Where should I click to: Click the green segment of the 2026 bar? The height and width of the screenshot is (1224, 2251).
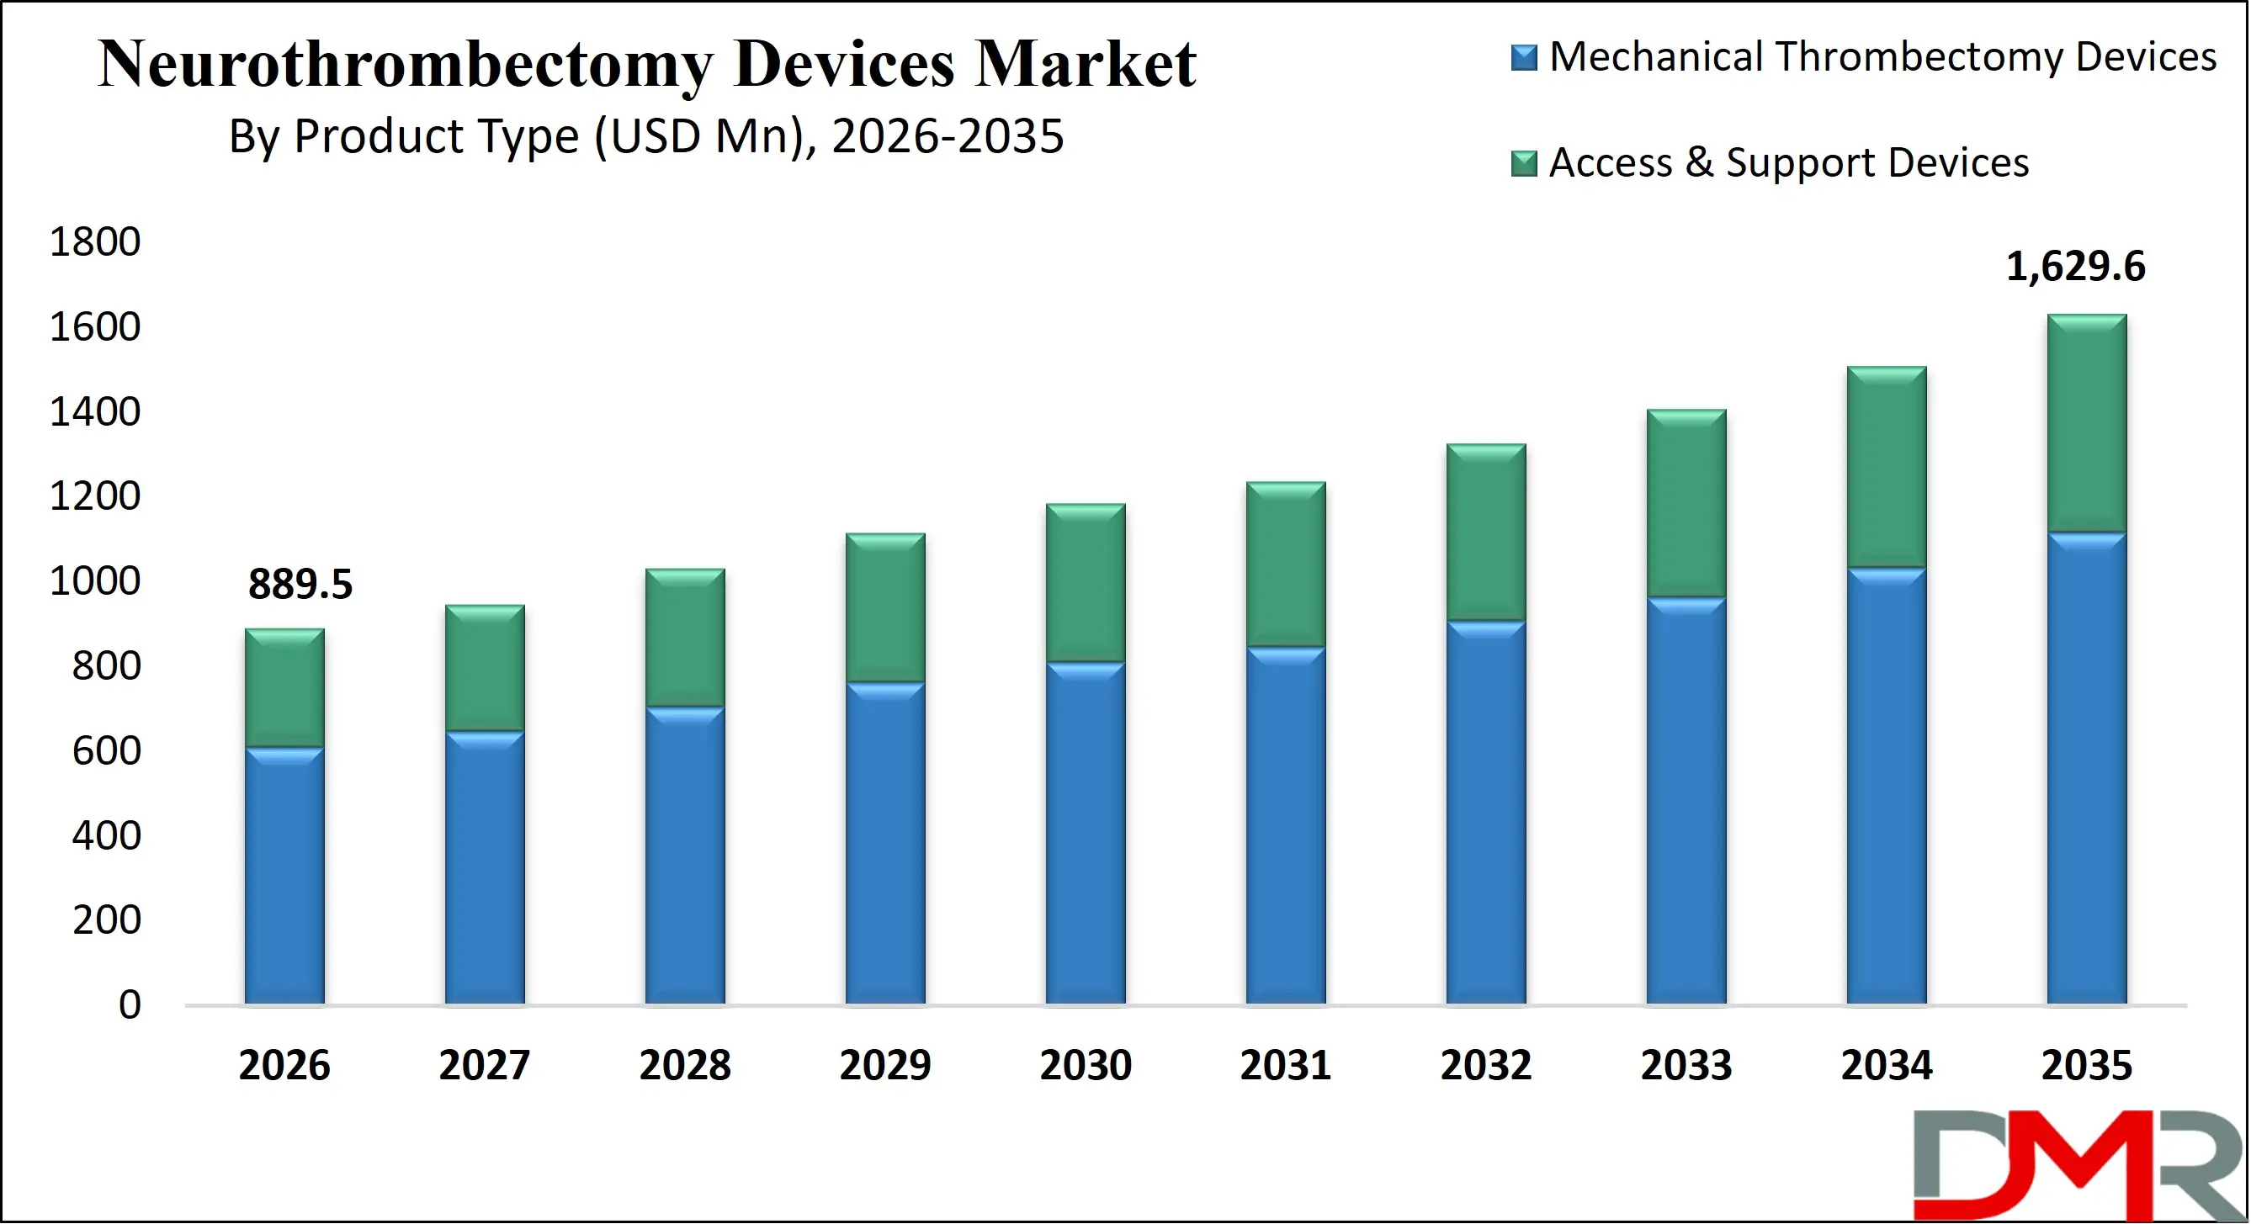[x=284, y=688]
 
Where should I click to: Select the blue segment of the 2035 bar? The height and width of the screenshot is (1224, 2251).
[x=2087, y=769]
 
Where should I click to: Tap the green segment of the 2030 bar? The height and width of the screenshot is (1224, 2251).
[x=1086, y=584]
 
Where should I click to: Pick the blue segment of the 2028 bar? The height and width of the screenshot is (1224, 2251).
[x=685, y=856]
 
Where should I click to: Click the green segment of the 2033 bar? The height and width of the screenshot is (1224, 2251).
[x=1686, y=504]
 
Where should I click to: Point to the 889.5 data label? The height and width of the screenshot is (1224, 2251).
[x=300, y=584]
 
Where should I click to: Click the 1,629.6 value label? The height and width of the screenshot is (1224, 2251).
[x=2074, y=267]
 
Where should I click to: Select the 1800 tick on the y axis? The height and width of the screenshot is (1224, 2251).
[x=94, y=242]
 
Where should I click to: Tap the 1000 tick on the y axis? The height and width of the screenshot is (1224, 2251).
[x=94, y=581]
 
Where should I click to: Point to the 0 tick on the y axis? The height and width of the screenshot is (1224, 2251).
[x=130, y=1004]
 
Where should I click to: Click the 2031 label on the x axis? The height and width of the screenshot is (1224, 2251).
[x=1286, y=1065]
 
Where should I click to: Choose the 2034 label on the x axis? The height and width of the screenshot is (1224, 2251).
[x=1887, y=1065]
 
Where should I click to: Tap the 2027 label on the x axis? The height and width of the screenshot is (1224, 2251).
[x=484, y=1065]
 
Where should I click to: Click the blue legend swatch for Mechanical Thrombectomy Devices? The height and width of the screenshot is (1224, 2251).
[x=1524, y=58]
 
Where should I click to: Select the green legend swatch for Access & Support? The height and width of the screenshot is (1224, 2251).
[x=1524, y=163]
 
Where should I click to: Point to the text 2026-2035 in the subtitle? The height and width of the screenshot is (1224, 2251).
[x=948, y=137]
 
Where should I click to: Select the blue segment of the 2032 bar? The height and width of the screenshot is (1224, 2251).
[x=1485, y=813]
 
